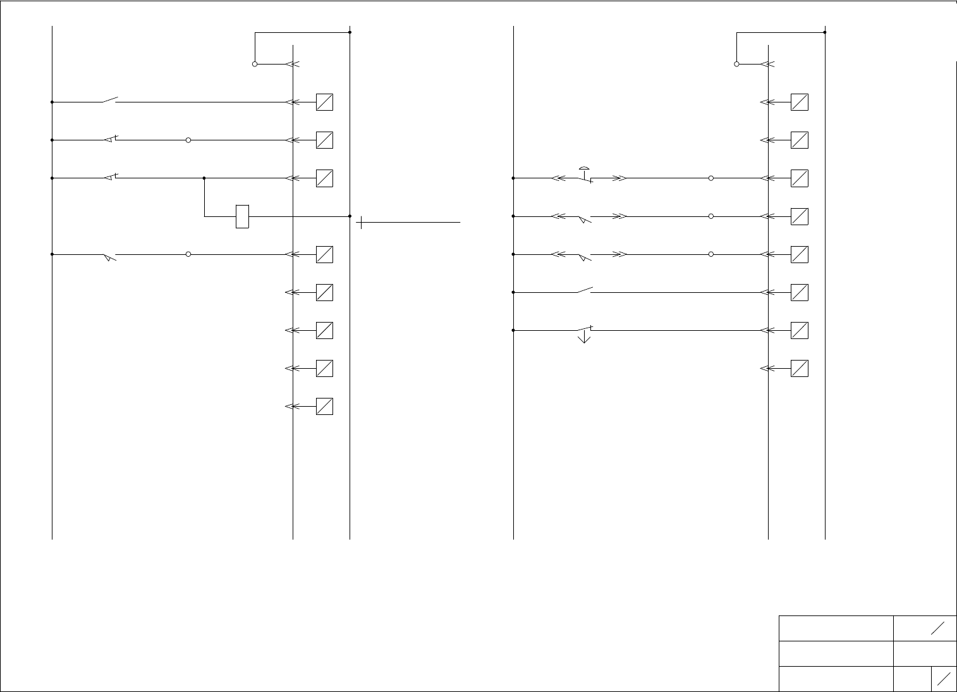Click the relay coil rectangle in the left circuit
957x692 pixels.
pyautogui.click(x=242, y=216)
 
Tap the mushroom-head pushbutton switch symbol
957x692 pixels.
pyautogui.click(x=585, y=175)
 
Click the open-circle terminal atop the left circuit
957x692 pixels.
pyautogui.click(x=255, y=64)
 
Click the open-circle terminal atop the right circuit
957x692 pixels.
pyautogui.click(x=736, y=64)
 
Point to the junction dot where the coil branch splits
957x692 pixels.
pyautogui.click(x=204, y=178)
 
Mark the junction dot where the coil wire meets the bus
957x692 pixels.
pyautogui.click(x=350, y=216)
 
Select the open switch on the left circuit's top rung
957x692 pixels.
pyautogui.click(x=110, y=100)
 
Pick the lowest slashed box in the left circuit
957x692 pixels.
pyautogui.click(x=324, y=406)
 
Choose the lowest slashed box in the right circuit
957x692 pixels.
pyautogui.click(x=800, y=368)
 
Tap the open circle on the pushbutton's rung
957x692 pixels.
pyautogui.click(x=711, y=178)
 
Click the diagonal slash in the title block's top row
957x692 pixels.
pyautogui.click(x=938, y=628)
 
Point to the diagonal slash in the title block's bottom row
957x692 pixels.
pyautogui.click(x=944, y=679)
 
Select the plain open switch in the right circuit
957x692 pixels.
pyautogui.click(x=585, y=291)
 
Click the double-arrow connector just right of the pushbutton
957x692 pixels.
pyautogui.click(x=619, y=178)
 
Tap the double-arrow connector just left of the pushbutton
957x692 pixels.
pyautogui.click(x=559, y=178)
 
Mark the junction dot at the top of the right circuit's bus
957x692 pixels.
pyautogui.click(x=825, y=32)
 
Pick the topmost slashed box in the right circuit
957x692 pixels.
pyautogui.click(x=800, y=102)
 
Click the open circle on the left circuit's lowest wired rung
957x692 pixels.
pyautogui.click(x=188, y=254)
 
